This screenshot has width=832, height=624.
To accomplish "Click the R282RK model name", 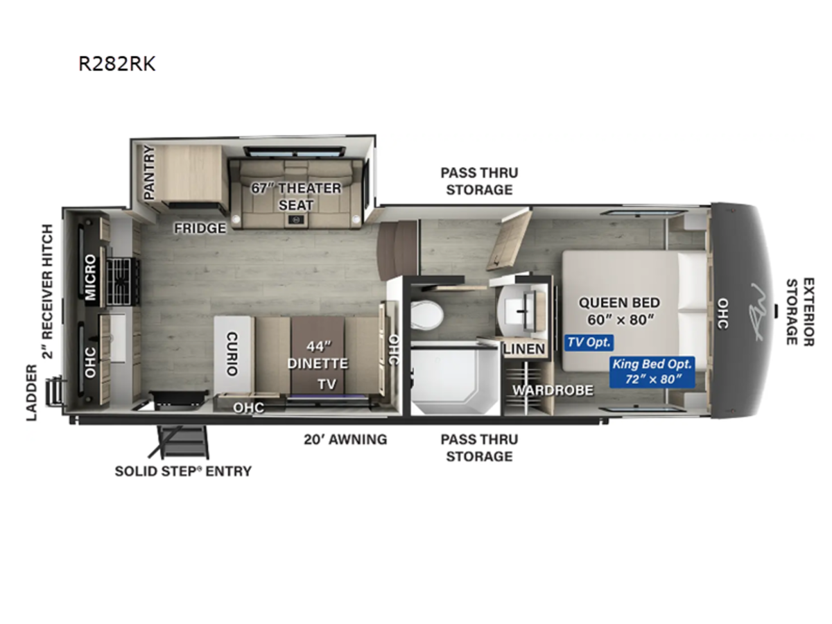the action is pyautogui.click(x=116, y=64).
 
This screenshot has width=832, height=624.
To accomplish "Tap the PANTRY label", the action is pyautogui.click(x=149, y=173).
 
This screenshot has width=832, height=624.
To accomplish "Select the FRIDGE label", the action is pyautogui.click(x=200, y=228).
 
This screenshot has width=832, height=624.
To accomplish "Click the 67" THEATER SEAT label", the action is pyautogui.click(x=296, y=196).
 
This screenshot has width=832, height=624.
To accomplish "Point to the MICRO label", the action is pyautogui.click(x=90, y=277).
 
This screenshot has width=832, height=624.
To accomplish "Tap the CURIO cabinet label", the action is pyautogui.click(x=232, y=354).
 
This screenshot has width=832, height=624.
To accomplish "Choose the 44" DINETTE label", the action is pyautogui.click(x=318, y=355).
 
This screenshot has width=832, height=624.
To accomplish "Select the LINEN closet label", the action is pyautogui.click(x=524, y=349).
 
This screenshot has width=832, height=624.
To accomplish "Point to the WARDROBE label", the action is pyautogui.click(x=553, y=390).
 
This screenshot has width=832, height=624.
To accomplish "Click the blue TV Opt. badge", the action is pyautogui.click(x=589, y=343).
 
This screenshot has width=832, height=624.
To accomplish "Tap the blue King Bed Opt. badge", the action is pyautogui.click(x=652, y=372).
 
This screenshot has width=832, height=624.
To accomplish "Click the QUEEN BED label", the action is pyautogui.click(x=619, y=311).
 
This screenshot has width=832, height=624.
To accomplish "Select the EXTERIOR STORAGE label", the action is pyautogui.click(x=800, y=312).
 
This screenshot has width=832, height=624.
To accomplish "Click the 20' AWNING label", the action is pyautogui.click(x=345, y=440).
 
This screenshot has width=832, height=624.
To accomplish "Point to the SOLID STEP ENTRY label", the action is pyautogui.click(x=183, y=471).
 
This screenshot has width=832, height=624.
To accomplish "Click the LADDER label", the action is pyautogui.click(x=32, y=393).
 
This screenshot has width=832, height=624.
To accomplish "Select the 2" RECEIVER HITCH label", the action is pyautogui.click(x=47, y=291).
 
